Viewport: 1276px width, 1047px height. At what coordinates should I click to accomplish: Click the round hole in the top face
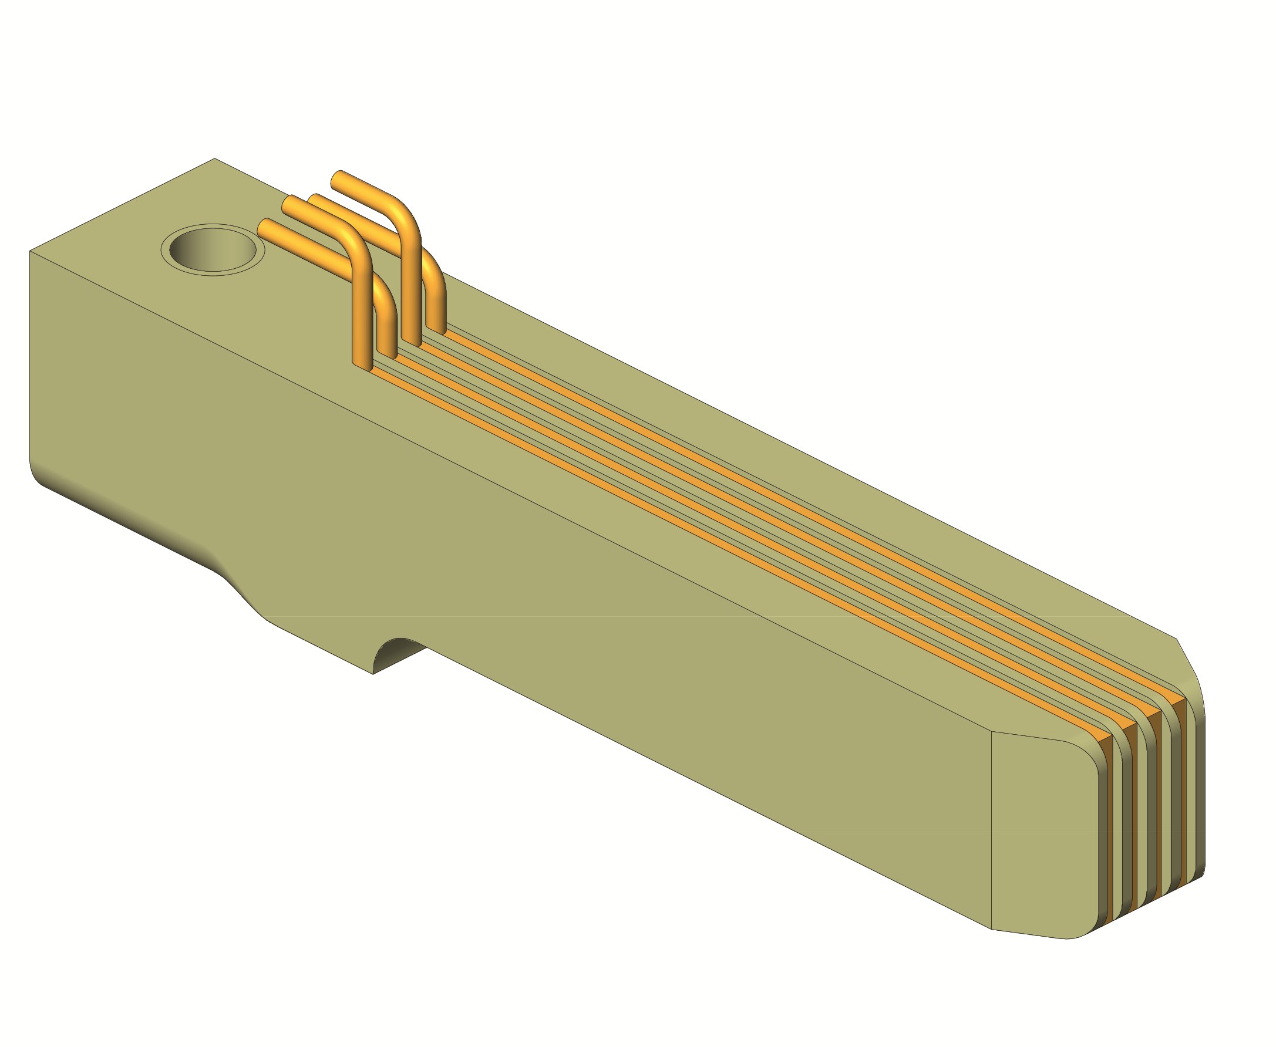coord(213,249)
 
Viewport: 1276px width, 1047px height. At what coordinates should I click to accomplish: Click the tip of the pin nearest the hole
coord(264,226)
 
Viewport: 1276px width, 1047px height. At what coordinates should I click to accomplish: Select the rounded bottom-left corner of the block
coord(38,477)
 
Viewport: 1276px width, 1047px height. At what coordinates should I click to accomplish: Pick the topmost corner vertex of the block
coord(215,158)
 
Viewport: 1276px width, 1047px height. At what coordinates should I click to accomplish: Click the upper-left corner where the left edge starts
coord(30,251)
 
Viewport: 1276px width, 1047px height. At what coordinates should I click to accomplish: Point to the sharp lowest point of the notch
coord(373,674)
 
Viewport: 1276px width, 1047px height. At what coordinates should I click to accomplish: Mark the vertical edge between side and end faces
coord(992,832)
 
